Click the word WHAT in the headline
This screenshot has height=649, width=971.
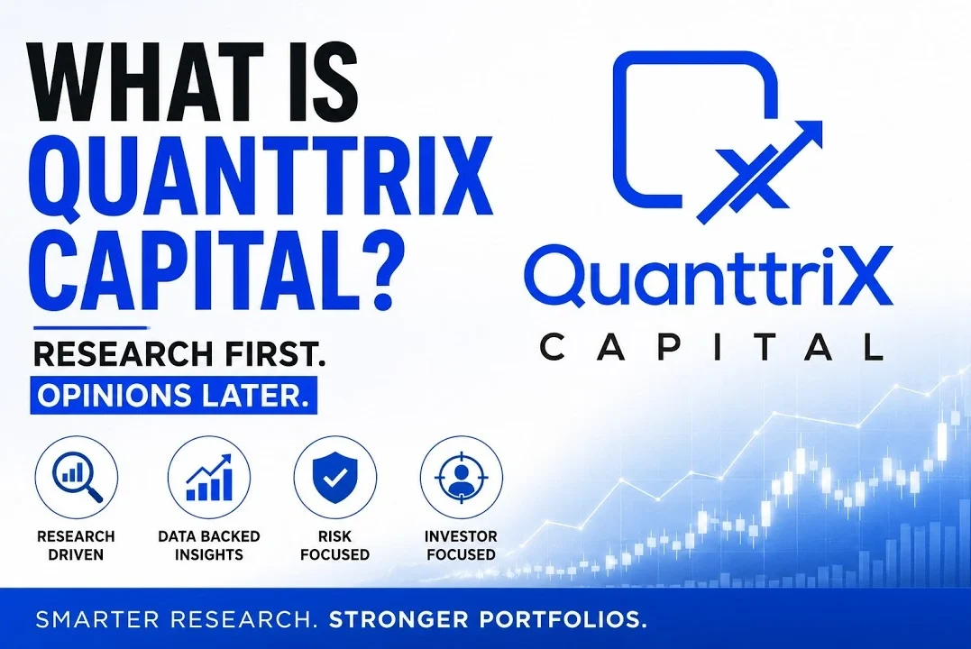pos(150,82)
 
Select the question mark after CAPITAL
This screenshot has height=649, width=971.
pos(373,270)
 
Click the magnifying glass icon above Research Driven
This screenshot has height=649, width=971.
pos(76,478)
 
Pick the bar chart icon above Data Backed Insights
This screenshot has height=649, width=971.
pos(209,478)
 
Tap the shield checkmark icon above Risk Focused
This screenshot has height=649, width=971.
pos(335,478)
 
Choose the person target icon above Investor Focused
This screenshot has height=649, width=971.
pos(461,478)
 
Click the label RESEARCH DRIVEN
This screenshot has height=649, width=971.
pos(76,545)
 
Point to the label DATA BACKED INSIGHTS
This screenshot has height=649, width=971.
pos(209,545)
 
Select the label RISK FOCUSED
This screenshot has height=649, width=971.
pos(335,545)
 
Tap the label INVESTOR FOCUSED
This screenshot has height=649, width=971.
pos(462,545)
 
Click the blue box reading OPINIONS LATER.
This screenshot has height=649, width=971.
pos(174,395)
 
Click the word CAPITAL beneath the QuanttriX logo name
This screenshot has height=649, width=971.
pos(712,347)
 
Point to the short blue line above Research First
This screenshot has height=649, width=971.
pos(90,327)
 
